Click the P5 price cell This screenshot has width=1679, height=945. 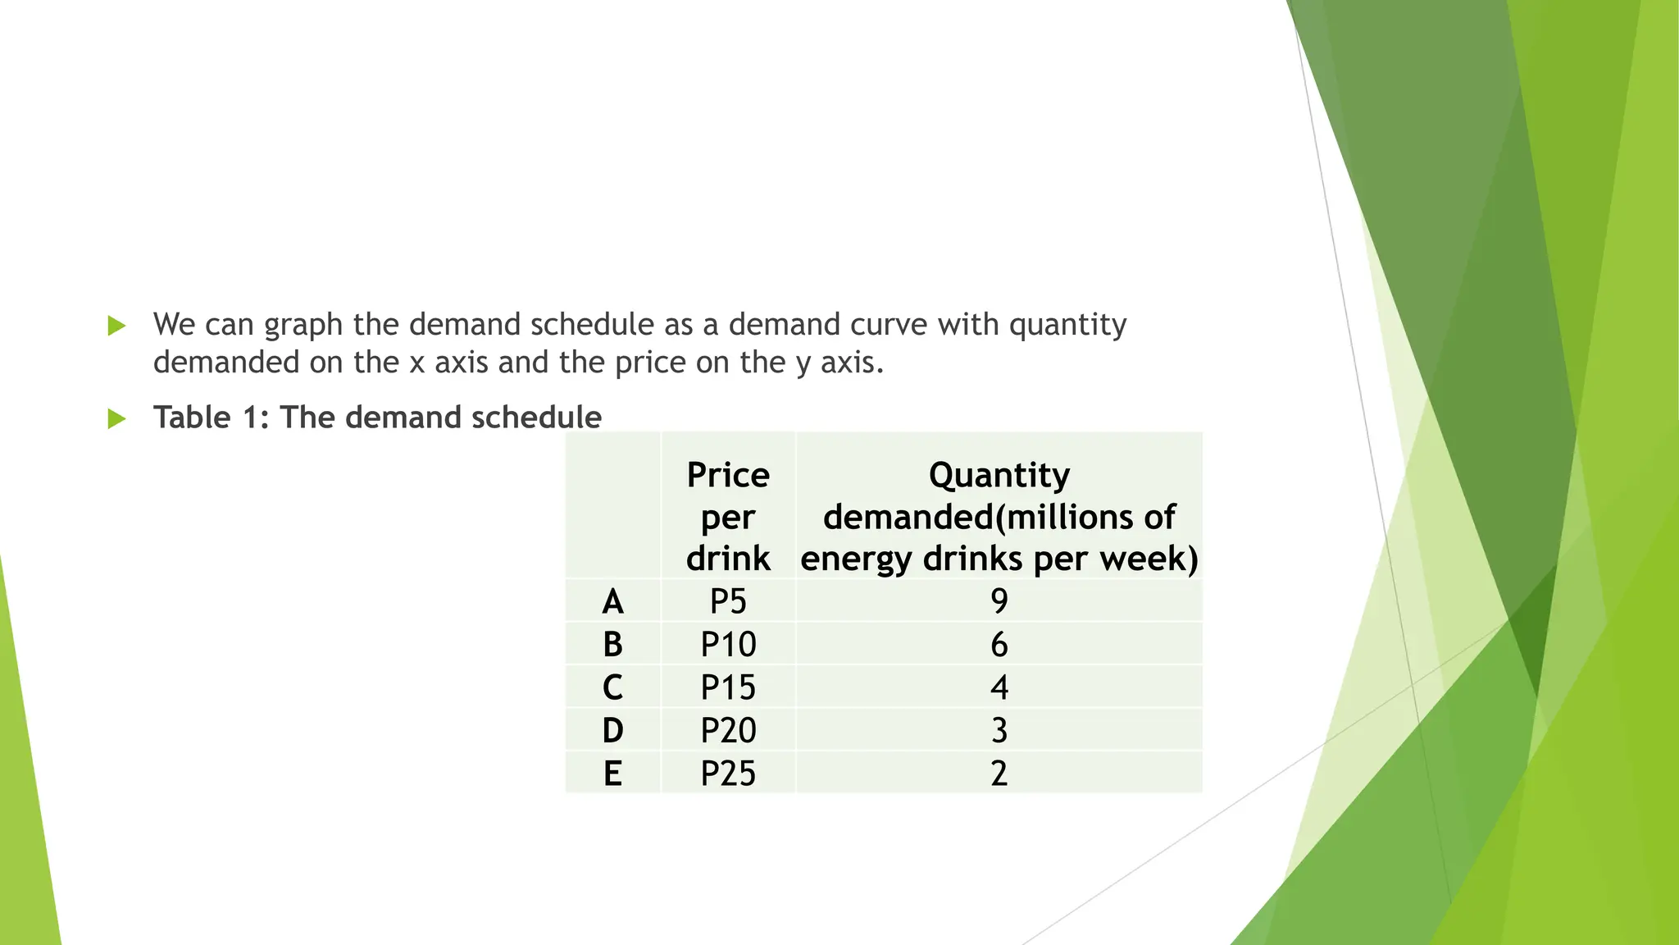(x=728, y=601)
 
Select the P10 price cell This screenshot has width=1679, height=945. (x=728, y=645)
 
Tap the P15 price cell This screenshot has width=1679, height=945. (x=728, y=687)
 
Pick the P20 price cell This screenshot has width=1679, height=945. (x=728, y=730)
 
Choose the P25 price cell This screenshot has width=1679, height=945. (x=728, y=774)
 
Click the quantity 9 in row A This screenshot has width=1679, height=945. (x=999, y=601)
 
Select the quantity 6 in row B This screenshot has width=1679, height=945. (x=999, y=645)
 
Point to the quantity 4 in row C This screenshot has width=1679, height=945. (x=999, y=687)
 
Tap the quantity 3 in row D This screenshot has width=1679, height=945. (x=999, y=730)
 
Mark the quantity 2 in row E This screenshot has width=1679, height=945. (x=999, y=774)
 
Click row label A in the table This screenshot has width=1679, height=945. (x=612, y=602)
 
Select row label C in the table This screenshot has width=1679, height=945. (x=612, y=687)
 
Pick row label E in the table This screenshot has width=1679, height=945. (x=612, y=774)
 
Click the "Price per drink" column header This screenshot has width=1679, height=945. (x=728, y=517)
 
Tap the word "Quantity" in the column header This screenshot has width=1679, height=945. (x=999, y=475)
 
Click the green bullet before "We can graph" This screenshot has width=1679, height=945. (x=116, y=326)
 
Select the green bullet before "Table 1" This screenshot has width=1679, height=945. (x=116, y=419)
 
